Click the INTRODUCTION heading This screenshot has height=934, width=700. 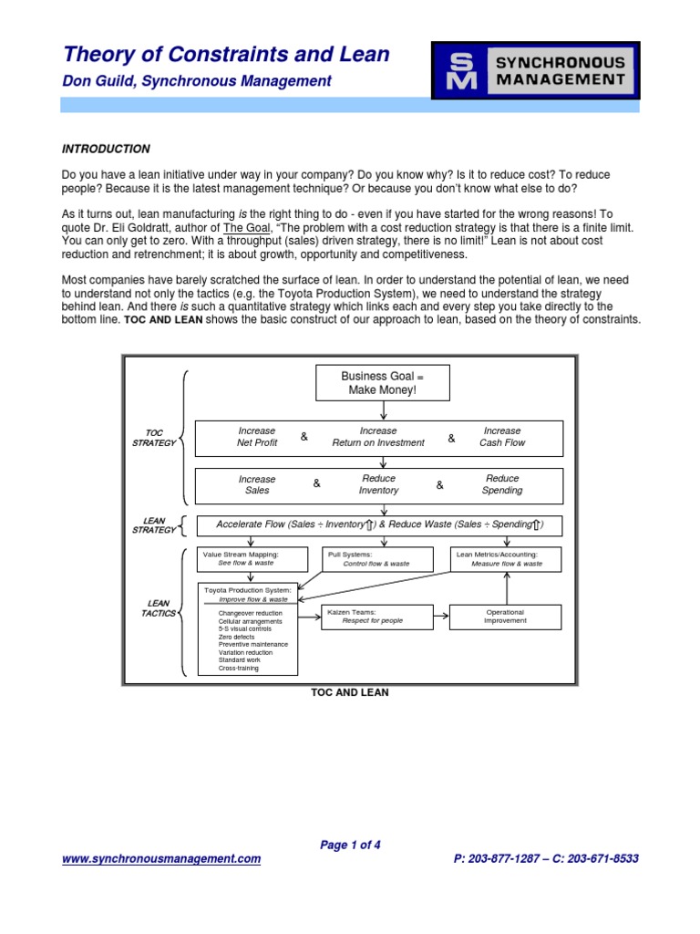(105, 149)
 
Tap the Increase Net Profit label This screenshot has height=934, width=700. (256, 437)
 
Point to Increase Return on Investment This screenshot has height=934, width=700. (378, 437)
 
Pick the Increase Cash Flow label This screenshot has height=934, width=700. (502, 437)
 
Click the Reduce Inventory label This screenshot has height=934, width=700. (378, 484)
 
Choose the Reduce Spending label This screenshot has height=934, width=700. (502, 484)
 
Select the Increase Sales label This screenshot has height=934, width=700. (256, 484)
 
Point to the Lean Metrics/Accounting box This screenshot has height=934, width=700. (507, 558)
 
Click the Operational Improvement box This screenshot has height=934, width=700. (506, 617)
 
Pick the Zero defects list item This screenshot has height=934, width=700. (237, 637)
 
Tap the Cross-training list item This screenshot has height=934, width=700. (239, 668)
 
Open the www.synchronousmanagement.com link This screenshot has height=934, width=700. (160, 858)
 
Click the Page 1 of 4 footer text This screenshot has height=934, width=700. (350, 845)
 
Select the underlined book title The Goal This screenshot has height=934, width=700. (246, 227)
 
